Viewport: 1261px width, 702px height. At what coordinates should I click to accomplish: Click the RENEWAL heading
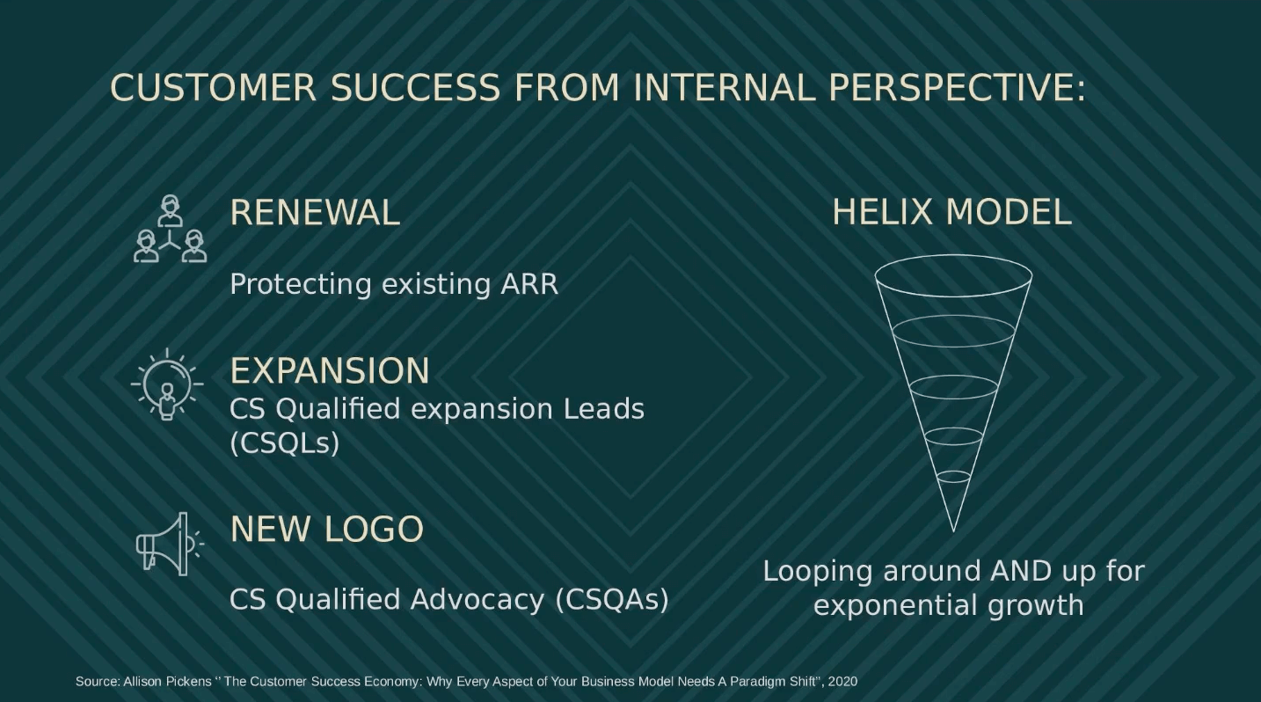(314, 213)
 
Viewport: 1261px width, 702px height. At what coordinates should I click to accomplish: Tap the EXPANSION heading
(329, 371)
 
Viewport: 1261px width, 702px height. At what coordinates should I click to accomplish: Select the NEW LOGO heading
(326, 530)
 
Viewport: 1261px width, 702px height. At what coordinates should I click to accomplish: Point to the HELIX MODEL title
(951, 213)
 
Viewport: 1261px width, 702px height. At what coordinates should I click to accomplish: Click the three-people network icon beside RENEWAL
(170, 230)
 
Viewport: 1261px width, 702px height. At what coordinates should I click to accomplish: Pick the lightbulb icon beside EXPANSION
(167, 384)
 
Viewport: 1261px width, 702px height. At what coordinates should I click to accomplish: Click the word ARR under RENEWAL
(529, 284)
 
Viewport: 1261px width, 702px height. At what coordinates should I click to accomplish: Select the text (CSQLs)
(284, 442)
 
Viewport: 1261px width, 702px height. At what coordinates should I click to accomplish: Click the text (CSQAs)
(612, 599)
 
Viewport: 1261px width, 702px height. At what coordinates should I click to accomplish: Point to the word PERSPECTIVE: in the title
(957, 88)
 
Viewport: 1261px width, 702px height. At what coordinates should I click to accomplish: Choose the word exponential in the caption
(893, 605)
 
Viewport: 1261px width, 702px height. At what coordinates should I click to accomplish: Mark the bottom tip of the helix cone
(953, 530)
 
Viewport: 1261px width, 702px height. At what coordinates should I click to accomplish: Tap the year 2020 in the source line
(842, 681)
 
